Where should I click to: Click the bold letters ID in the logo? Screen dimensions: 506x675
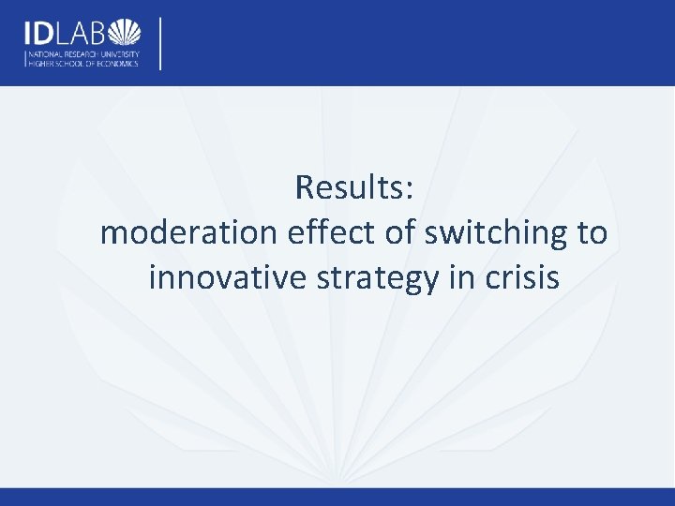point(40,34)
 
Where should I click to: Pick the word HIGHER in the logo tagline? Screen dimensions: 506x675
point(38,64)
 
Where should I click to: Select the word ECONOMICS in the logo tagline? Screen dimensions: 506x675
point(117,64)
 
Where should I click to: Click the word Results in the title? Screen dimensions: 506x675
point(348,187)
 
